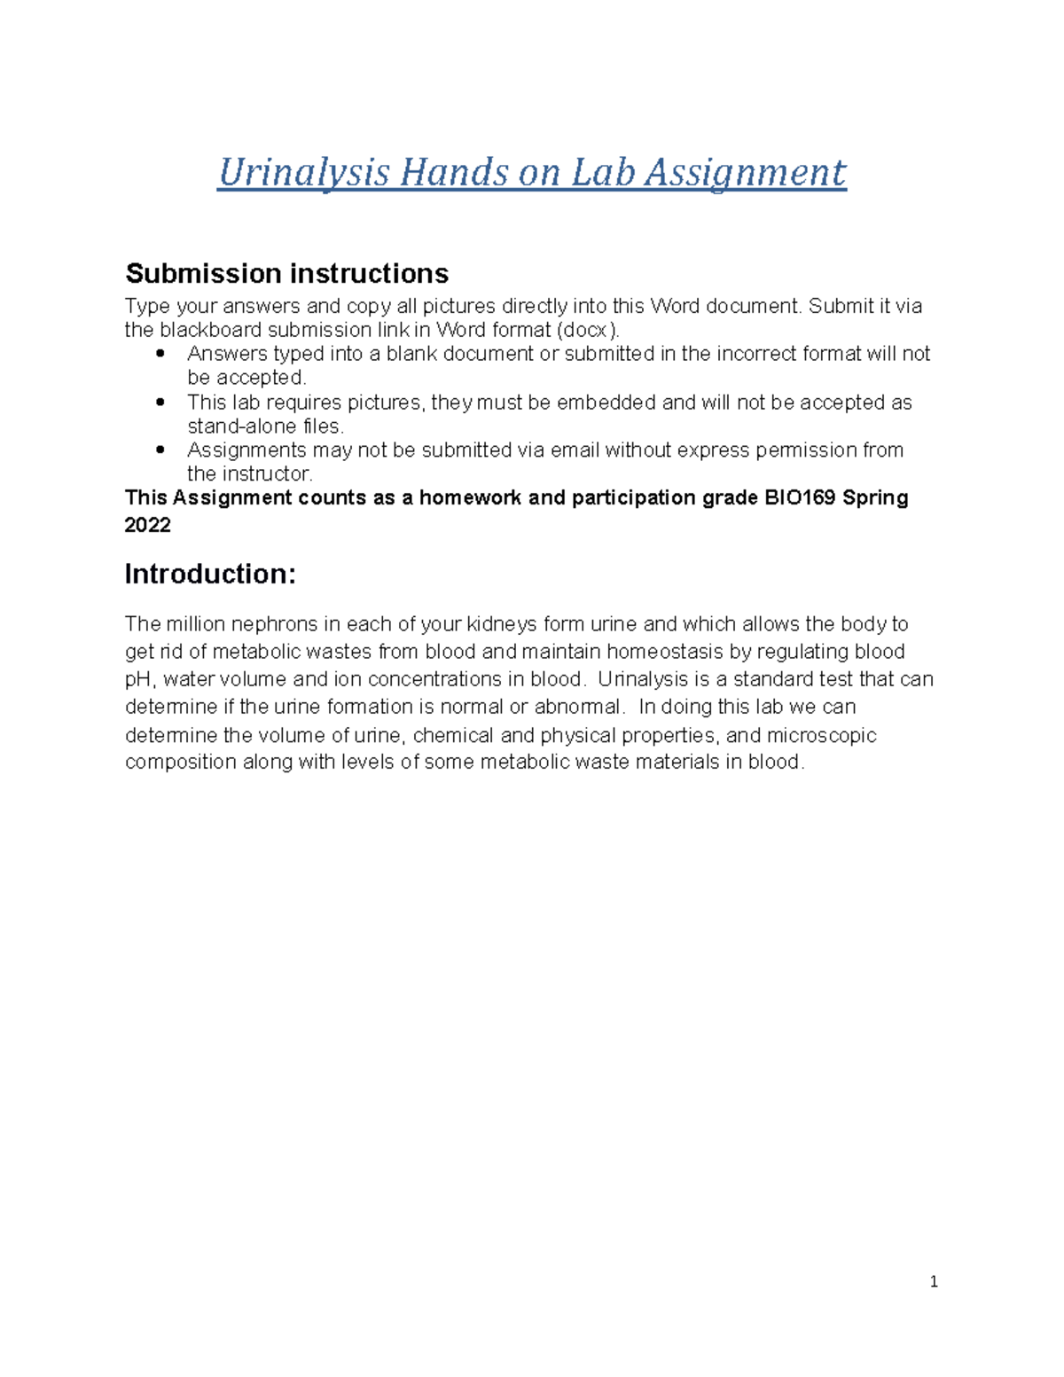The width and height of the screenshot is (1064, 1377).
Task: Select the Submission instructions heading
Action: pos(286,273)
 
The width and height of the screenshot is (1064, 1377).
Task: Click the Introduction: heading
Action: pos(210,575)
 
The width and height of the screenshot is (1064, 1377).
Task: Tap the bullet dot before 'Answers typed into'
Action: pos(160,354)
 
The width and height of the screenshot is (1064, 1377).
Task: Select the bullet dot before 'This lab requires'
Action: pos(160,402)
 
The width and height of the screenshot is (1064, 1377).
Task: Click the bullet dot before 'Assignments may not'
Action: pos(160,450)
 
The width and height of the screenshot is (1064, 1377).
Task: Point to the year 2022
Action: pos(147,525)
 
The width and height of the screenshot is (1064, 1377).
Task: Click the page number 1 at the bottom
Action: pos(934,1281)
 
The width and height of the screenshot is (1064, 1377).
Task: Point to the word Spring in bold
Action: pos(875,497)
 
